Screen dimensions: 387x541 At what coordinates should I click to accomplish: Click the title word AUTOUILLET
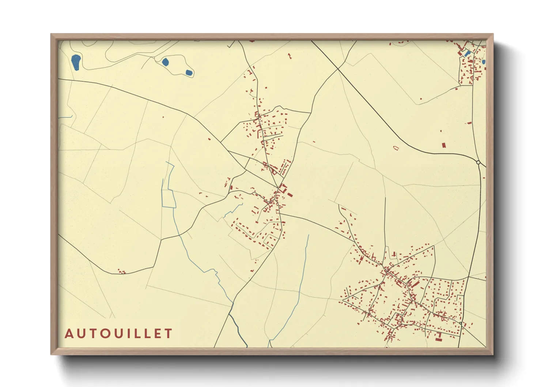click(118, 334)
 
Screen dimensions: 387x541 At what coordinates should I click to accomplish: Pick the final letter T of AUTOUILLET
click(169, 334)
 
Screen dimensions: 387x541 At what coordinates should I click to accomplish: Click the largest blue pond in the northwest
click(76, 62)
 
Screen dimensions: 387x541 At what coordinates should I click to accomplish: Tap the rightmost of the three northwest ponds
click(189, 72)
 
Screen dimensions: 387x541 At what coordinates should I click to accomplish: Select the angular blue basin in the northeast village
click(467, 53)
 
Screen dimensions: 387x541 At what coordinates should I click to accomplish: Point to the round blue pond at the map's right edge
click(483, 62)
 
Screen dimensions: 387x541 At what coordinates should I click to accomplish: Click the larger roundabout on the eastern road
click(478, 162)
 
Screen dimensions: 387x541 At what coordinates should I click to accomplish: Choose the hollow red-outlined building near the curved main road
click(396, 148)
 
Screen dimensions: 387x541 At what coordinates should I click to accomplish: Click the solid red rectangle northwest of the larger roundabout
click(444, 145)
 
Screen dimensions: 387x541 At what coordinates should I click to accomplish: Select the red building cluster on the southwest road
click(122, 272)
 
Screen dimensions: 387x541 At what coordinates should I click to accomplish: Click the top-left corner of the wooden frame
click(51, 34)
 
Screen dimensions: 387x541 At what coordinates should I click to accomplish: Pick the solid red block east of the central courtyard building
click(290, 195)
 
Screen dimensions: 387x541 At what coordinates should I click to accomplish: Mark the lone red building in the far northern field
click(290, 56)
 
